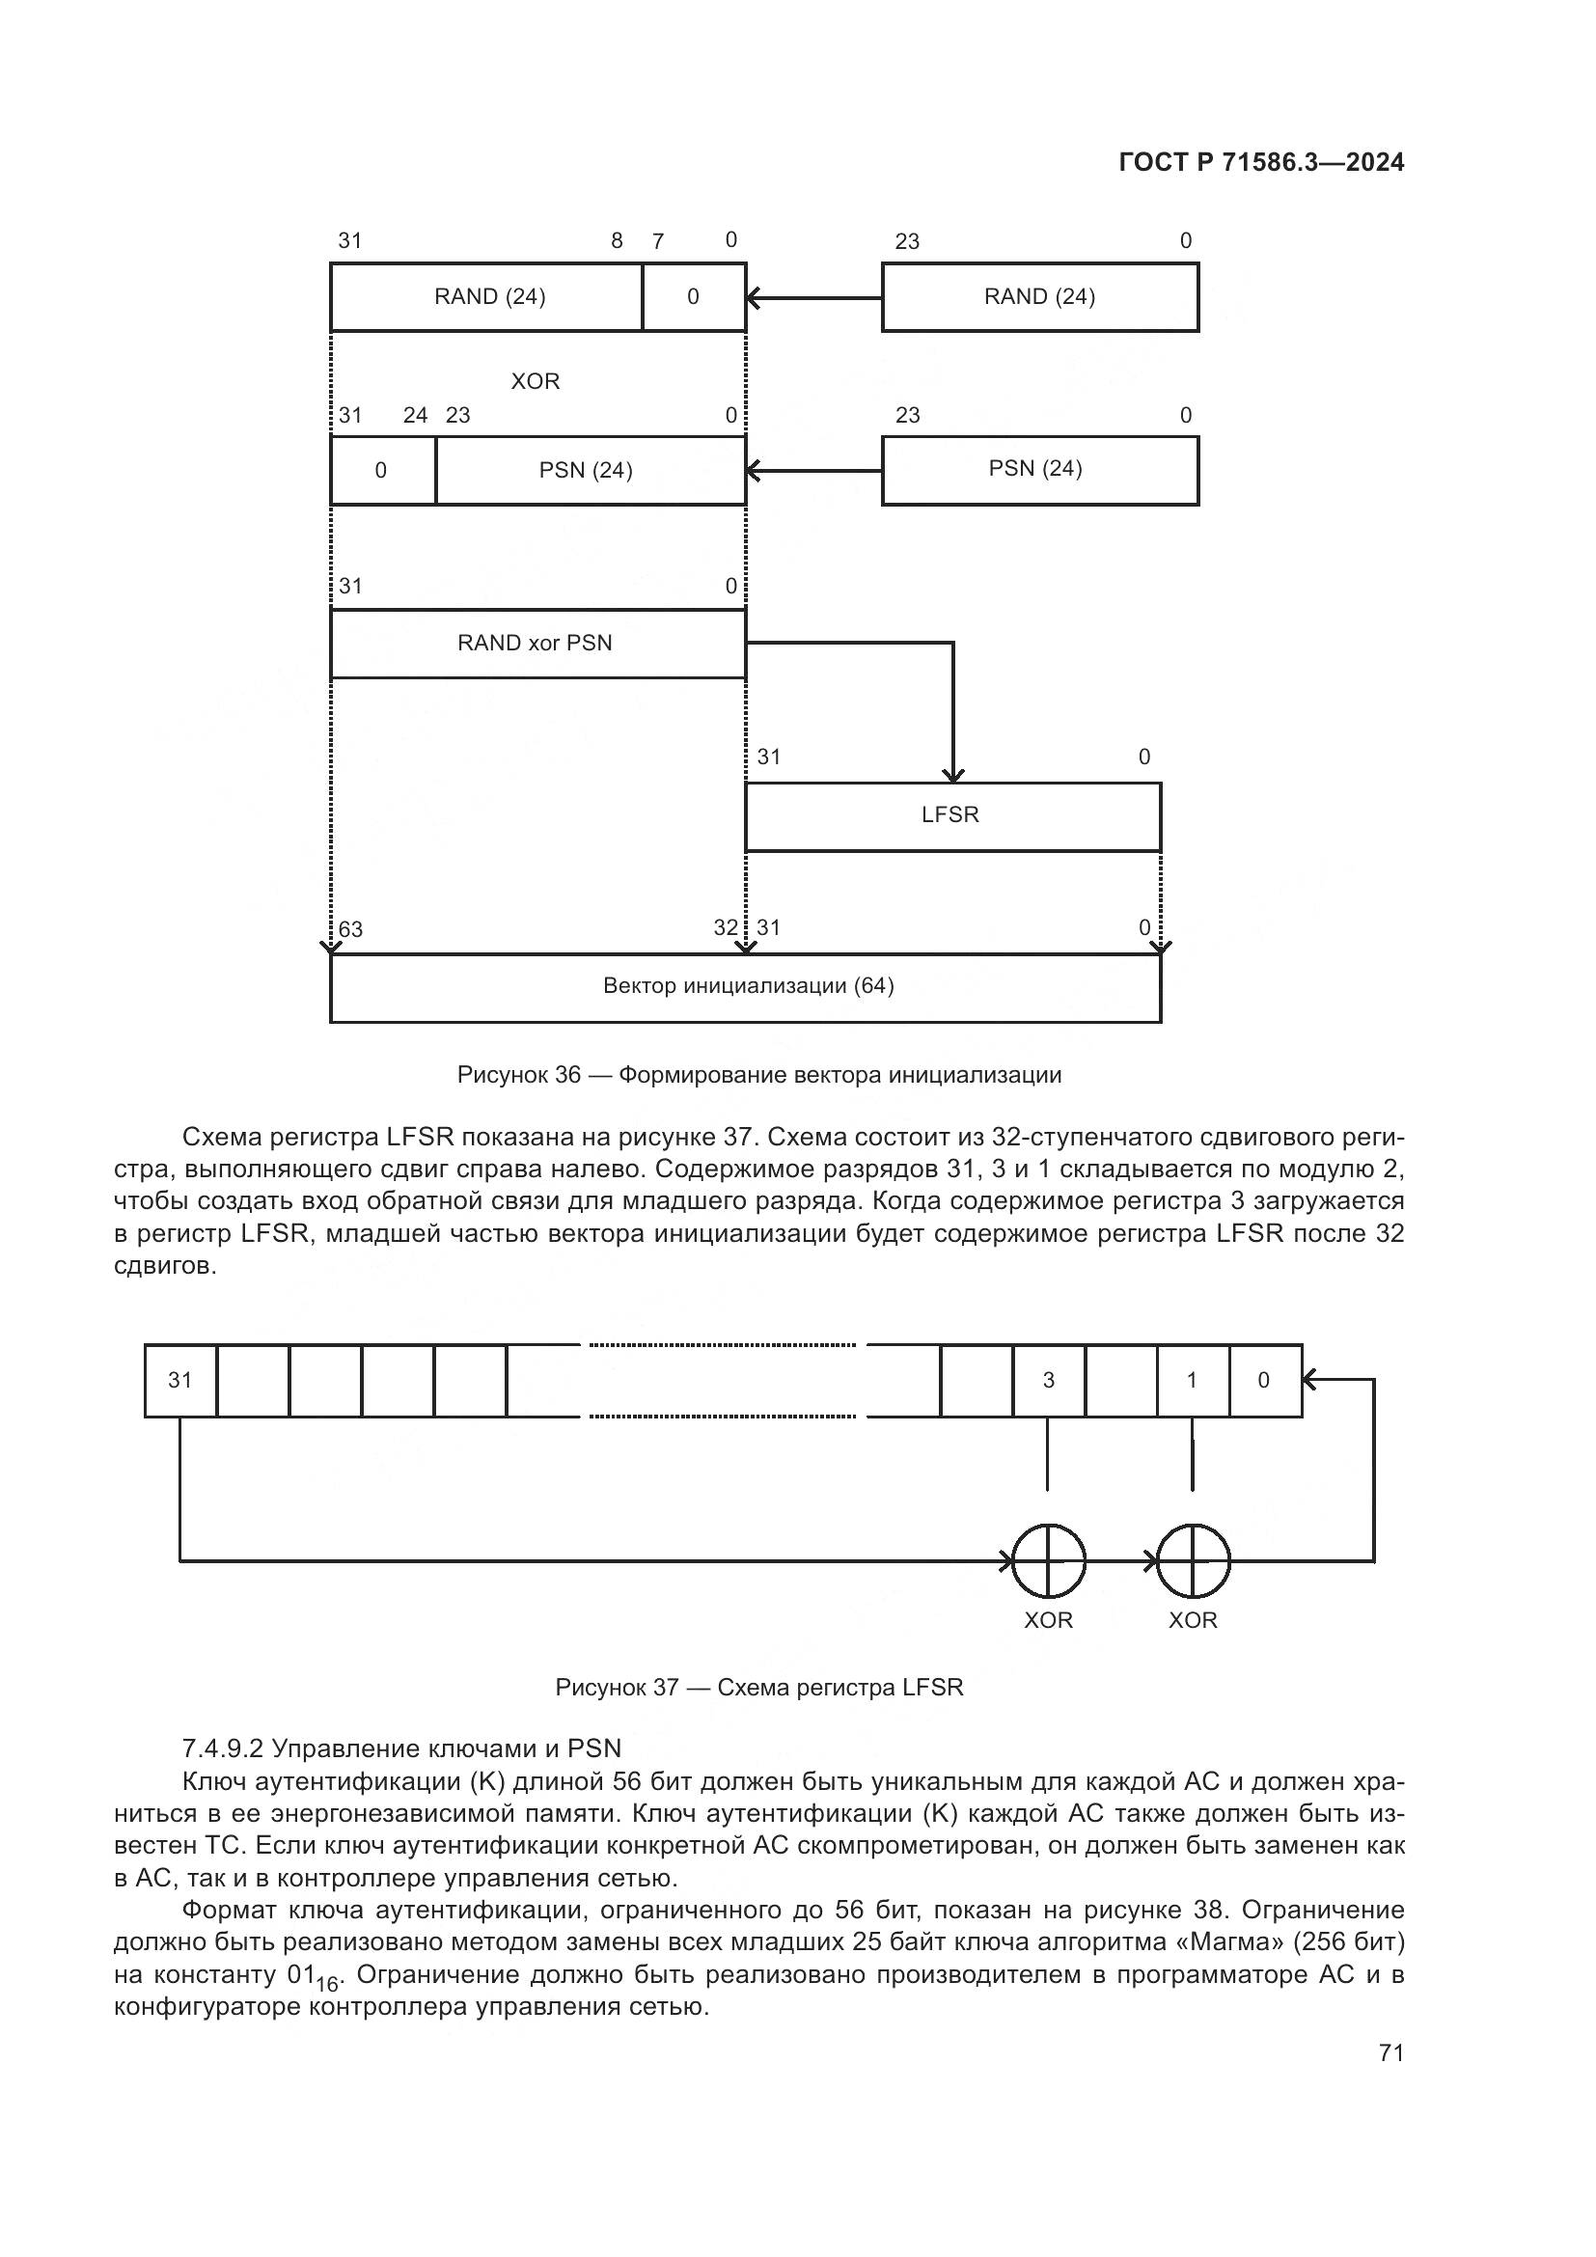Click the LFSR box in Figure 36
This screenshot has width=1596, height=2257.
(951, 816)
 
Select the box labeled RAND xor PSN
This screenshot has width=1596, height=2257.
(537, 644)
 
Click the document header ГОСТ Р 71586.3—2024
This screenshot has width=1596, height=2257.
(1261, 163)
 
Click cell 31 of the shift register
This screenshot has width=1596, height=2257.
(179, 1380)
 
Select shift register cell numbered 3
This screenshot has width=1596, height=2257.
(1049, 1380)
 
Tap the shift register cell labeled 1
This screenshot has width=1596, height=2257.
(1192, 1380)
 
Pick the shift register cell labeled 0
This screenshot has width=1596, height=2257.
(1264, 1380)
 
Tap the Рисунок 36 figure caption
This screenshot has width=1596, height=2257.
(758, 1075)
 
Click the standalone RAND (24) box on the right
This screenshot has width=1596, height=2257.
(1040, 297)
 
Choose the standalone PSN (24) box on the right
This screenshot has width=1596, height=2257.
(1040, 470)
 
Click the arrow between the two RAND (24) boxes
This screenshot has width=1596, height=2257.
(813, 297)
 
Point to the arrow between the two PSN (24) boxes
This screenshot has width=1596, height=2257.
(813, 471)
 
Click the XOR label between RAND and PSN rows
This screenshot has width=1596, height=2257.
(535, 381)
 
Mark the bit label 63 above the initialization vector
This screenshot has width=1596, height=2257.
(351, 930)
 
